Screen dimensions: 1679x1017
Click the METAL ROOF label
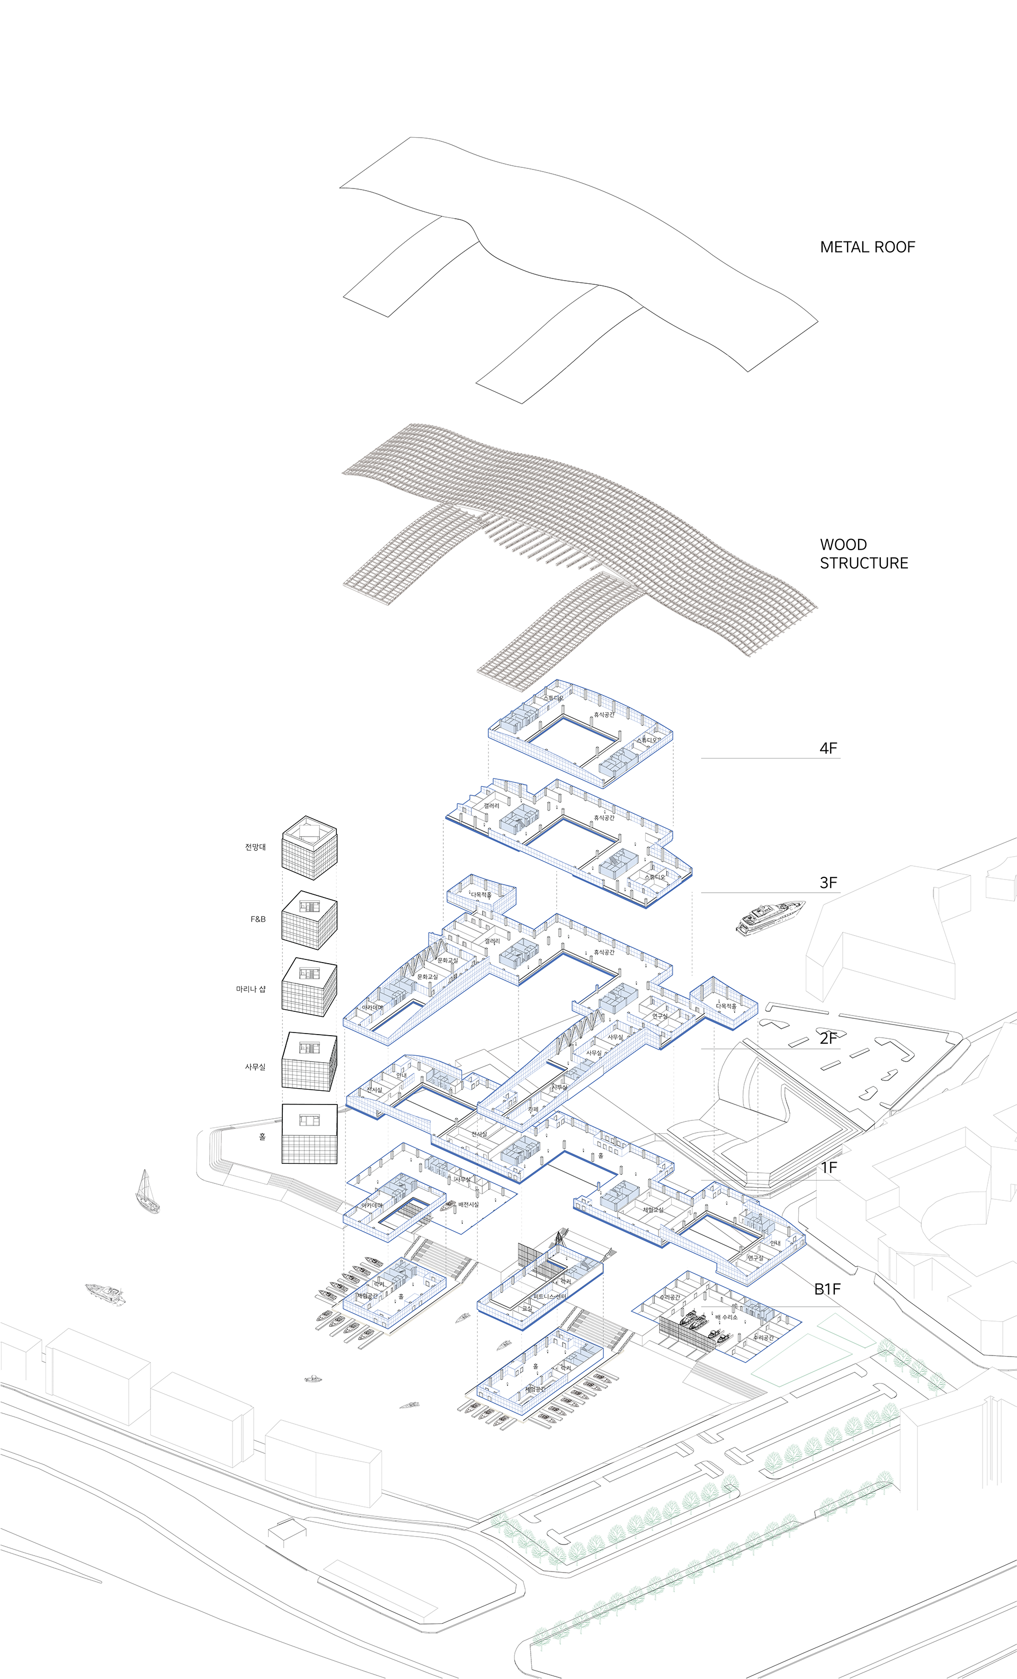click(867, 247)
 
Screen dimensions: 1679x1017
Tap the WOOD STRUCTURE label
click(863, 553)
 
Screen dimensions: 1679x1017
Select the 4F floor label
click(828, 748)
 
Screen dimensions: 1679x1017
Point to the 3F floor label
click(828, 883)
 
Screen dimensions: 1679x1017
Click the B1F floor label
click(827, 1289)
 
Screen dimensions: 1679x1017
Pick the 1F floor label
click(828, 1168)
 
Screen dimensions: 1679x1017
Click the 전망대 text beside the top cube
click(255, 847)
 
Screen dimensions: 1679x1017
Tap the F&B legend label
click(257, 919)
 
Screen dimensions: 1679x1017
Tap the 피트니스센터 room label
click(549, 1297)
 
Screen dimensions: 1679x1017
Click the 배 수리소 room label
click(726, 1318)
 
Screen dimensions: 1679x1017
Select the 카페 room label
click(533, 1109)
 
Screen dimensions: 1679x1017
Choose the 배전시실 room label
click(468, 1205)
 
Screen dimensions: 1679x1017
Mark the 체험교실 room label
click(653, 1209)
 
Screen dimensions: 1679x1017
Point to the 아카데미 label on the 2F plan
click(372, 1007)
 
